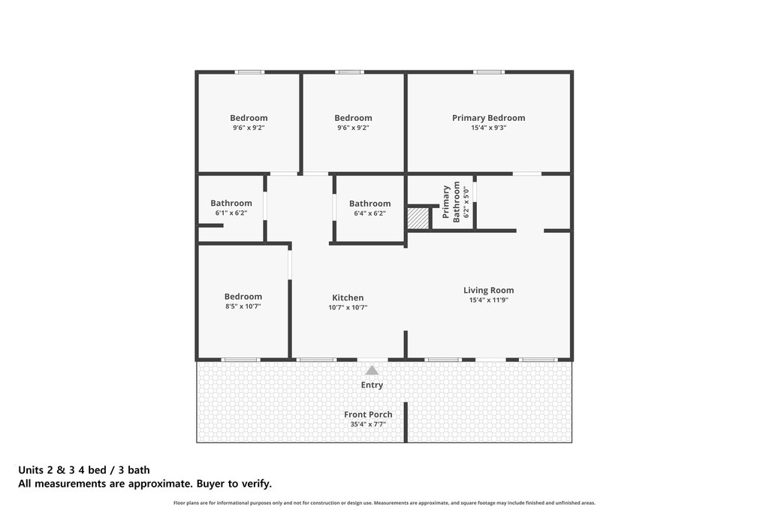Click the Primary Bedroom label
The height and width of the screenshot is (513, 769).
(x=488, y=118)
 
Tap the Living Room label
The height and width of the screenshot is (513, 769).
(x=488, y=291)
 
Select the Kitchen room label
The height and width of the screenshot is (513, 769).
(x=348, y=297)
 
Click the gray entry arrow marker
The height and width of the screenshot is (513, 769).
(x=372, y=370)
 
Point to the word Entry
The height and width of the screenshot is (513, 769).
(x=372, y=385)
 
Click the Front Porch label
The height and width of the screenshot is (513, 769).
(x=368, y=415)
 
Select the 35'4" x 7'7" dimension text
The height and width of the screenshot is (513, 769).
(x=368, y=424)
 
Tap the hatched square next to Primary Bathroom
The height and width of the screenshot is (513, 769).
(x=418, y=218)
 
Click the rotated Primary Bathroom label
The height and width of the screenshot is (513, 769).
(x=451, y=201)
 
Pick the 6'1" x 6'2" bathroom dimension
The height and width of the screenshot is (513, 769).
(x=231, y=213)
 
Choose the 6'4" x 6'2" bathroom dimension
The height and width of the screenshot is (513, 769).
(x=369, y=213)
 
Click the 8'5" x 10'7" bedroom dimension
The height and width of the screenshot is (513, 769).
(x=243, y=306)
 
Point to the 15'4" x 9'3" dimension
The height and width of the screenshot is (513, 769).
(x=488, y=128)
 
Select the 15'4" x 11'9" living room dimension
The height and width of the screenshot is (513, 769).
(x=488, y=300)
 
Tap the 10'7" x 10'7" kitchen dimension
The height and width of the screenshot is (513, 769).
(x=348, y=307)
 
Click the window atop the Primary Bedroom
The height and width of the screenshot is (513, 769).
(x=489, y=72)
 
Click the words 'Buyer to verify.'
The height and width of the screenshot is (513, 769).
(x=234, y=484)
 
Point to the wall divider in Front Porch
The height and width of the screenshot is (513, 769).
(x=406, y=422)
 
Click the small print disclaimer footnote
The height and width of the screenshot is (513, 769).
(x=384, y=502)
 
